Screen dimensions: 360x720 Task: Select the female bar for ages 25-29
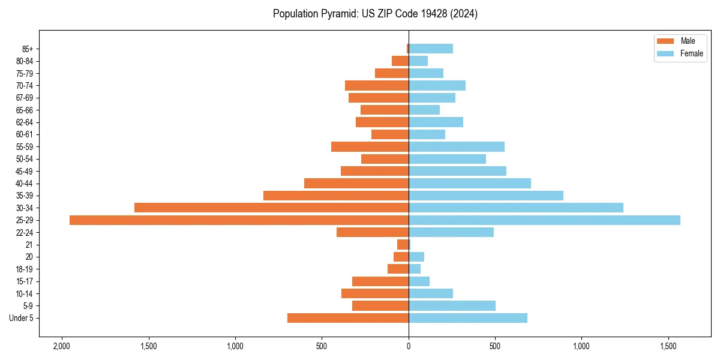[x=544, y=220]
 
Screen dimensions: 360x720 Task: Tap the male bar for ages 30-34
[x=271, y=208]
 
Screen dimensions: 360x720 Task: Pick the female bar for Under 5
[x=468, y=318]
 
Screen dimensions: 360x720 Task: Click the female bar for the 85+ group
[x=431, y=49]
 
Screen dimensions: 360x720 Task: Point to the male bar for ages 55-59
[x=370, y=146]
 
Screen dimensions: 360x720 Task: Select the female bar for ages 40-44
[x=470, y=183]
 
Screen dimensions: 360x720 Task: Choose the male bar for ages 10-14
[x=375, y=293]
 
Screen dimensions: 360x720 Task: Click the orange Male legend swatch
[x=665, y=41]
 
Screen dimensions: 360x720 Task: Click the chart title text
[x=375, y=14]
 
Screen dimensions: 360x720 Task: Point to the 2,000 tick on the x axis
[x=62, y=347]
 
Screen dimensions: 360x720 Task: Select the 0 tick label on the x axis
[x=409, y=347]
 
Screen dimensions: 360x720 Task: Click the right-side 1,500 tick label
[x=669, y=347]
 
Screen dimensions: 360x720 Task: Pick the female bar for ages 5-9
[x=452, y=305]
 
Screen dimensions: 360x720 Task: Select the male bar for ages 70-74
[x=377, y=85]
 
